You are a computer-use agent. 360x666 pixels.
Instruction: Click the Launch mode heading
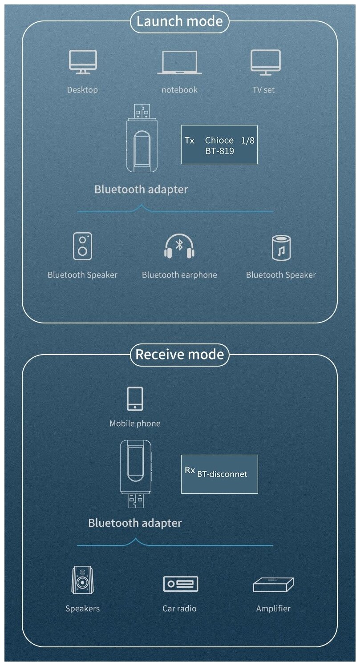point(179,21)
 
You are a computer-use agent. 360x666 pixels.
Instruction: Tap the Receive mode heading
point(179,355)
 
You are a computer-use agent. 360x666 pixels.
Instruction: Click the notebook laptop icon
point(179,62)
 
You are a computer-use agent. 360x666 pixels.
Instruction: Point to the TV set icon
point(265,62)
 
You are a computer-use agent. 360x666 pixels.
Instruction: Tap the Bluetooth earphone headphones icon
point(179,247)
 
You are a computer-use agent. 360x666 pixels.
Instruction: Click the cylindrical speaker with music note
point(281,247)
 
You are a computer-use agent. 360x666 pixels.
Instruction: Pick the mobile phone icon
point(135,399)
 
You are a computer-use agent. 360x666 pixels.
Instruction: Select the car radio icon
point(180,583)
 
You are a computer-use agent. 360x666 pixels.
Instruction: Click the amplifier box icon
point(273,584)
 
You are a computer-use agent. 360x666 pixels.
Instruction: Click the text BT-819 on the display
point(219,151)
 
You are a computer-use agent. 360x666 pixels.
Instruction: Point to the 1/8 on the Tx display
point(247,141)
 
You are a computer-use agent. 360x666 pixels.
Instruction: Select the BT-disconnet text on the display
point(222,474)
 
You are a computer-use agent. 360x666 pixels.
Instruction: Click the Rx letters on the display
point(190,470)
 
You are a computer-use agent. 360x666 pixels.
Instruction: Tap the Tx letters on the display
point(190,141)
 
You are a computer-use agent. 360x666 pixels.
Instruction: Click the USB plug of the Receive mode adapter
point(135,501)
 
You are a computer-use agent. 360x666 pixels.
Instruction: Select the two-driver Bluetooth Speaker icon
point(83,246)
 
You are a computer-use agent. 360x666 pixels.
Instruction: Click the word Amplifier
point(273,608)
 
